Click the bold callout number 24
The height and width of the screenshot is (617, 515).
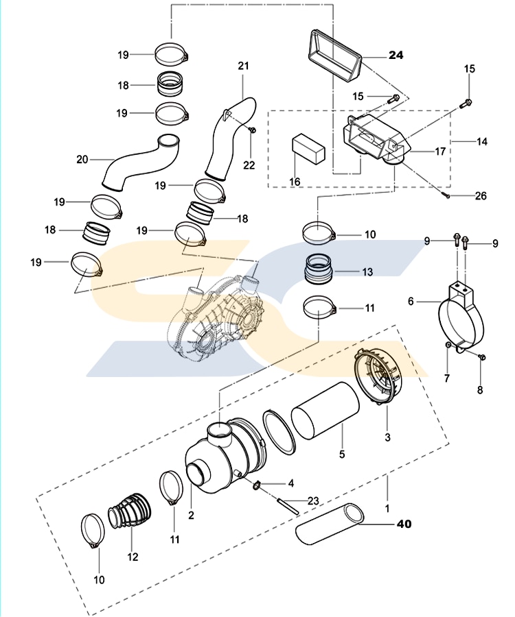tap(397, 55)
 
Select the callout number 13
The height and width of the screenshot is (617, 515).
tap(367, 272)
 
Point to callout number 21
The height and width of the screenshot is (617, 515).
tap(243, 66)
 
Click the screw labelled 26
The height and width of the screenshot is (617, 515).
tap(446, 195)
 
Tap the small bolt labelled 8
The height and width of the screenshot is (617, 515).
tap(480, 358)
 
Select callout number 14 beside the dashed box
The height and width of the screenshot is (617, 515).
tap(481, 141)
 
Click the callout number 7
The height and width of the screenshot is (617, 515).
tap(446, 379)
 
